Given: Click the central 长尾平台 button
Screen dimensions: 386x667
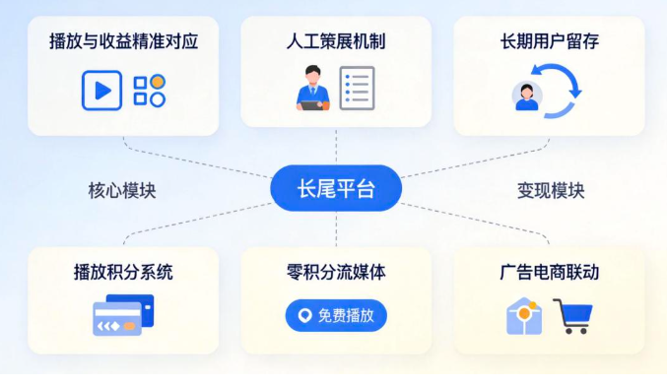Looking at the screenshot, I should [x=335, y=188].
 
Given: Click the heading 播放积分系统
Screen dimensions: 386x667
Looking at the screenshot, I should [x=123, y=272].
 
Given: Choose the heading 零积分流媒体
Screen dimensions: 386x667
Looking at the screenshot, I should [x=335, y=272].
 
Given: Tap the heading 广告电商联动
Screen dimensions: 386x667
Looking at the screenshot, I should [x=549, y=272].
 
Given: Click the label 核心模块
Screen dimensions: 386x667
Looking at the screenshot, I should [x=122, y=190].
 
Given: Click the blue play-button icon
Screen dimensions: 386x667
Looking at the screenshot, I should [x=101, y=90].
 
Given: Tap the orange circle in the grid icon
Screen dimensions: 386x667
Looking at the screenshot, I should [x=157, y=81].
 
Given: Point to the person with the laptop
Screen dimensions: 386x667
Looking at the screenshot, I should [x=310, y=88].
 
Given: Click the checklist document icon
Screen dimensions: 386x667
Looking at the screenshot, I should [x=357, y=89].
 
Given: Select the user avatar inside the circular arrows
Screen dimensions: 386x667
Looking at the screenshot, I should [x=527, y=96].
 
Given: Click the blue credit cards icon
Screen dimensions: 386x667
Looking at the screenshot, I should [x=122, y=316].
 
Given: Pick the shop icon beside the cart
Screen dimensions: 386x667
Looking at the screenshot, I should [x=525, y=316].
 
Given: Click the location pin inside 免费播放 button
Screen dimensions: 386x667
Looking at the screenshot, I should [x=304, y=315].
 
